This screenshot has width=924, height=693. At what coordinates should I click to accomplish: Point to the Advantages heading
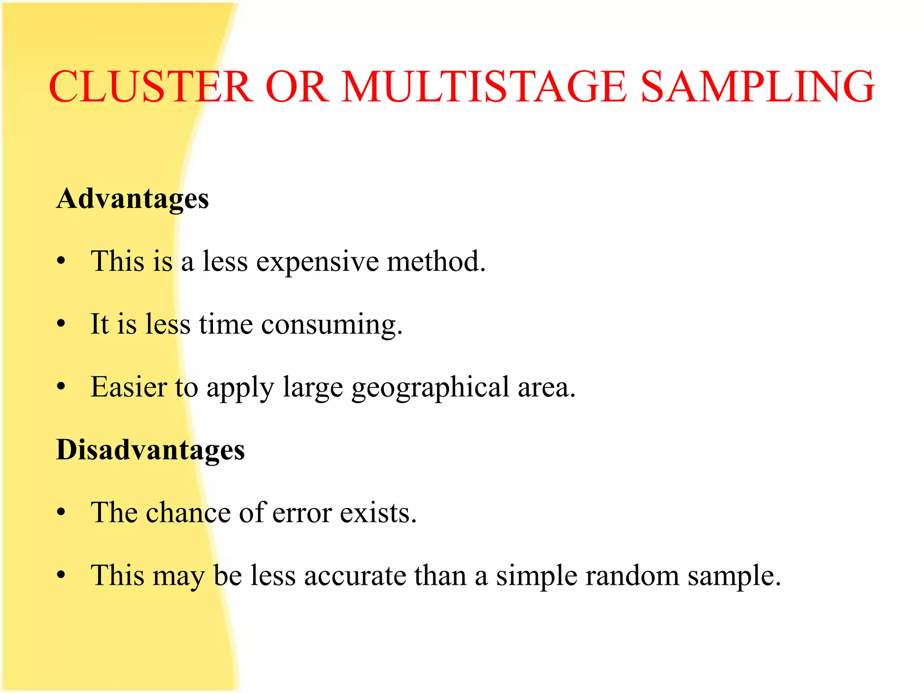[x=133, y=199]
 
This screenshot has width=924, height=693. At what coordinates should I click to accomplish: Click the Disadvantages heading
[x=150, y=450]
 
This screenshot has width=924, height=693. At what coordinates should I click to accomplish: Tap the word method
[x=436, y=261]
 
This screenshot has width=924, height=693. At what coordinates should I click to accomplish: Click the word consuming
[x=332, y=325]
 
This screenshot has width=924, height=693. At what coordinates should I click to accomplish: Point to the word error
[x=302, y=513]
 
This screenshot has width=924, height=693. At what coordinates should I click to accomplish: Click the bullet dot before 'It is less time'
[x=61, y=324]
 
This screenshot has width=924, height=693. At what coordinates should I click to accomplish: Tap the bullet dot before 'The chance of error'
[x=61, y=513]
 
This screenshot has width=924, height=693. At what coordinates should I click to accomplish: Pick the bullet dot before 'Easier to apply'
[x=61, y=387]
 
